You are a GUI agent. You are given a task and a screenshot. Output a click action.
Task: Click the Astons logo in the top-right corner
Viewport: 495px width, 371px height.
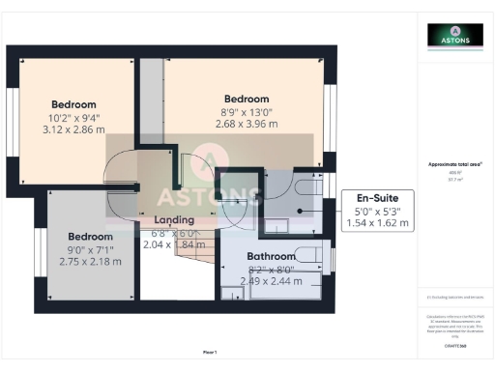click(455, 36)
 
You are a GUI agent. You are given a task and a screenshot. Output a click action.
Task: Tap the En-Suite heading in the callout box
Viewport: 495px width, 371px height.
click(379, 197)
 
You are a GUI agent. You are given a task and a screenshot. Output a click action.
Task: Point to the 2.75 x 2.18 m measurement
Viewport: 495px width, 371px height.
click(90, 262)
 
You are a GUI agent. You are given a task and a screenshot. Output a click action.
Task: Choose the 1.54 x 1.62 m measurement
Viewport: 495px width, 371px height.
click(378, 223)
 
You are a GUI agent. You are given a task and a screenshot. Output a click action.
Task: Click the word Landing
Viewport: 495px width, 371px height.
click(174, 220)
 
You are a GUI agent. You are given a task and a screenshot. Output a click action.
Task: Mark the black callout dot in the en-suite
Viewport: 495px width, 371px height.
click(299, 210)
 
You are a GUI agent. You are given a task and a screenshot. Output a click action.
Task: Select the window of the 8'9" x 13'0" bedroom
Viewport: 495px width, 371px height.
click(331, 117)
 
